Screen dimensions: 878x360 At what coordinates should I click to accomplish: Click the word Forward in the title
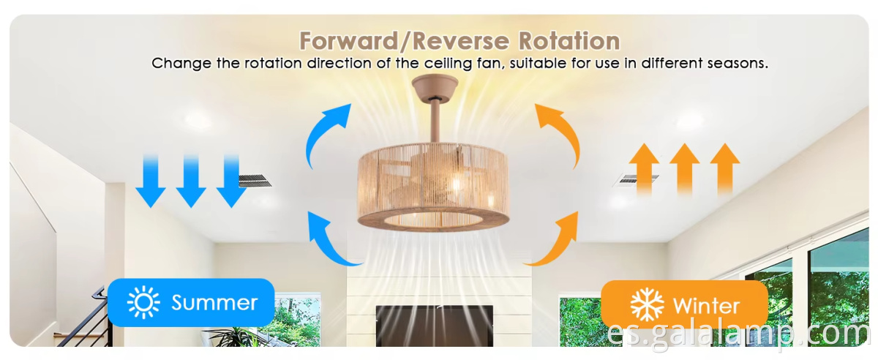pos(349,41)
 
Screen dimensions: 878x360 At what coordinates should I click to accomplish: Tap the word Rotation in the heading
pos(569,41)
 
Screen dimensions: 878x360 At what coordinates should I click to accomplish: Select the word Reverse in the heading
pos(461,41)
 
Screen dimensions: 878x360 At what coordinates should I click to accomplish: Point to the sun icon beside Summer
pos(143,302)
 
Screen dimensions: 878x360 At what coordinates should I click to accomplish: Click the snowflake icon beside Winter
pos(647,304)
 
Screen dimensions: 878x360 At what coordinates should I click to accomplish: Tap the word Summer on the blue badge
pos(214,303)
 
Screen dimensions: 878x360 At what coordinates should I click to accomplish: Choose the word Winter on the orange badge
pos(706,307)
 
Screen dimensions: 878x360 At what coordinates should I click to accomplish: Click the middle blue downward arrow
pos(191,181)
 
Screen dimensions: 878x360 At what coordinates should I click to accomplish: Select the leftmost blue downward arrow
pos(151,181)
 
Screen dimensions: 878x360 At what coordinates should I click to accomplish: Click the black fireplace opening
pos(435,326)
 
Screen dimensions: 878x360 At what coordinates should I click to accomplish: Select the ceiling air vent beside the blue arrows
pos(255,181)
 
